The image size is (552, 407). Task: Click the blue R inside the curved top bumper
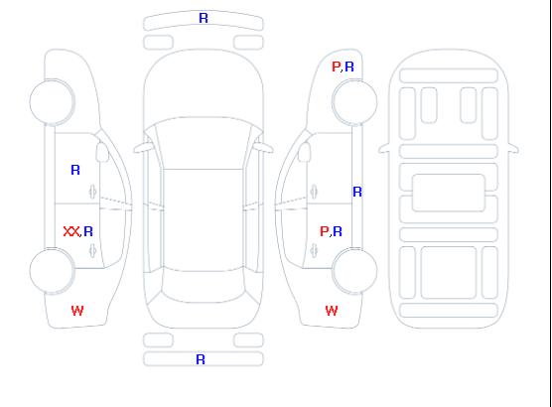204,18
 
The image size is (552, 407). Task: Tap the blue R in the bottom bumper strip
201,359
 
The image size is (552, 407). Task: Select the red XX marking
71,231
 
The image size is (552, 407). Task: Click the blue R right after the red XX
88,231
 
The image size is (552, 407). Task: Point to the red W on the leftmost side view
77,311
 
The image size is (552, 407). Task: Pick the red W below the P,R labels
332,311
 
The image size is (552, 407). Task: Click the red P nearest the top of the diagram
336,67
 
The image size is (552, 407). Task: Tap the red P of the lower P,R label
324,231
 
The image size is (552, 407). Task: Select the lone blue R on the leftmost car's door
75,170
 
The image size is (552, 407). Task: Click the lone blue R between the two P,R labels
357,192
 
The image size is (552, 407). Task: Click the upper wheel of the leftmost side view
52,102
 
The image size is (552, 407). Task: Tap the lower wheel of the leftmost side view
52,271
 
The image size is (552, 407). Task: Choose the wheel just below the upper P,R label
354,102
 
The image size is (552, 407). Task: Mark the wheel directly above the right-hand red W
354,271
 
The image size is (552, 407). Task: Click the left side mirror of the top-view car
142,148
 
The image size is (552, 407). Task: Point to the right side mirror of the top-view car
264,148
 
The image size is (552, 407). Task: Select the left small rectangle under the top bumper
159,43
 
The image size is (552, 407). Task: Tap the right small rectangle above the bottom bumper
248,340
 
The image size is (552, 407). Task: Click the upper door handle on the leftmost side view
93,192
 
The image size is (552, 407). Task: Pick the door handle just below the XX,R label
93,250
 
